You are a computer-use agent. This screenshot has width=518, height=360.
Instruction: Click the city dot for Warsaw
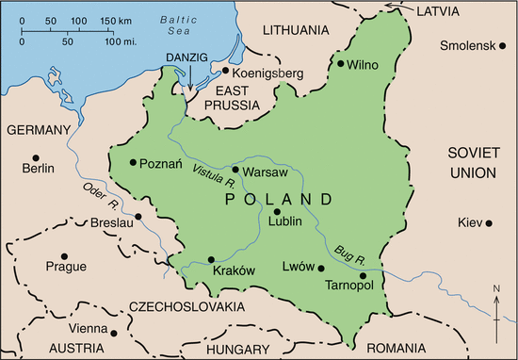[x=235, y=170]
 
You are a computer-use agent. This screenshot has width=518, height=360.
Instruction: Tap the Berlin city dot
[x=36, y=156]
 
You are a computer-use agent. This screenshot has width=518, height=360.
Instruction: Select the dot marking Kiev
[x=489, y=222]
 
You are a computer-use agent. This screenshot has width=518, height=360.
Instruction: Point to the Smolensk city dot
[x=495, y=43]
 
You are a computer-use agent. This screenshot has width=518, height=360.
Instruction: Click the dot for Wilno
[x=341, y=64]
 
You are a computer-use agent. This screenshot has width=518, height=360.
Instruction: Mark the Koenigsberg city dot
[x=225, y=70]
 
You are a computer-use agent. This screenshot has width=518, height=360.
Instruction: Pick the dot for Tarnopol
[x=362, y=275]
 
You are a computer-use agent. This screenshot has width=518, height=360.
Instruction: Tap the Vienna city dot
[x=113, y=331]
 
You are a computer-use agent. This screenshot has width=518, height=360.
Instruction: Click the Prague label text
[x=65, y=268]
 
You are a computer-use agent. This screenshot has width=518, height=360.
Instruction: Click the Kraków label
[x=235, y=270]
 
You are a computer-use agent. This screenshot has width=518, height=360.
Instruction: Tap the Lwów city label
[x=298, y=267]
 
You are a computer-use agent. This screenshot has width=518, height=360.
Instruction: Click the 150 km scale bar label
[x=117, y=21]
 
